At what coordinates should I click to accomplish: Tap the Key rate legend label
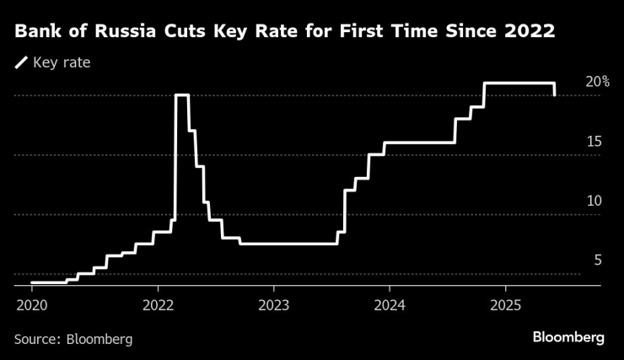tap(62, 62)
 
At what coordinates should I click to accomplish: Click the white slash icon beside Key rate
tap(20, 62)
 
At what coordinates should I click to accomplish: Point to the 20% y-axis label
tap(598, 82)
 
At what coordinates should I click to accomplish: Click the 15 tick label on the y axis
tap(594, 142)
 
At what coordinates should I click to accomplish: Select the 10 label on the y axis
tap(594, 201)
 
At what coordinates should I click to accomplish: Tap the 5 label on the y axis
tap(597, 261)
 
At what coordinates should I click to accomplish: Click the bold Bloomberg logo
tap(568, 337)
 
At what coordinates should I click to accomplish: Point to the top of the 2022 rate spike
tap(181, 95)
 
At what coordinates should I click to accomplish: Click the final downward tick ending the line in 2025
tap(554, 89)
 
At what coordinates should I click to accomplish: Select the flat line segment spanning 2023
tap(287, 244)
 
